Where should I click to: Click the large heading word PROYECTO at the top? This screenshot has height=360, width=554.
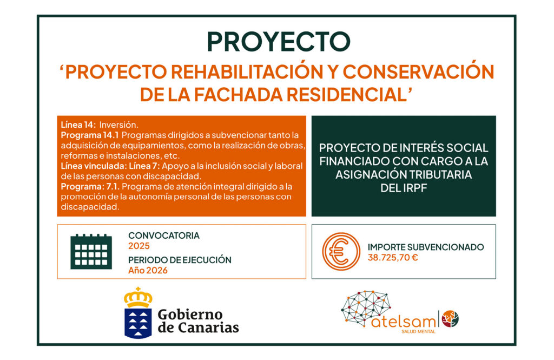[x=279, y=41]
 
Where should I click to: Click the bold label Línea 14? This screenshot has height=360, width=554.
[x=78, y=125]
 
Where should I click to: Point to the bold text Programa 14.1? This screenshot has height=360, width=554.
[x=90, y=135]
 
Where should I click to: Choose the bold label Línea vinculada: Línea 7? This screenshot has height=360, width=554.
[x=110, y=166]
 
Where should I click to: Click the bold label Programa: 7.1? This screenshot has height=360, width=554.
[x=90, y=186]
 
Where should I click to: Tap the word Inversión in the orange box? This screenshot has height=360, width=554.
[x=118, y=125]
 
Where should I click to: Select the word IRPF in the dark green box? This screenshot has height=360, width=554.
[x=415, y=188]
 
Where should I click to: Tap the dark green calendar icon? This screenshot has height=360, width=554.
[x=91, y=251]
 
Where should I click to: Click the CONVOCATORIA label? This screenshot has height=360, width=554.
[x=164, y=235]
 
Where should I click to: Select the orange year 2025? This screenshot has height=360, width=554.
[x=139, y=246]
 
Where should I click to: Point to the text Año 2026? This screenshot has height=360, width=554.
[x=148, y=271]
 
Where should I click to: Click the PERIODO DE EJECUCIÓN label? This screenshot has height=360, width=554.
[x=180, y=260]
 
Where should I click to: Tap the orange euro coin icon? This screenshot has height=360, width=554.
[x=341, y=251]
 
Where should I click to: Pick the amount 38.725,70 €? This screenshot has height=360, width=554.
[x=393, y=258]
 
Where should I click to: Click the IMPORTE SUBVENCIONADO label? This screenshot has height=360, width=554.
[x=426, y=247]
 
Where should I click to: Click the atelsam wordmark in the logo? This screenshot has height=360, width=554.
[x=404, y=322]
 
